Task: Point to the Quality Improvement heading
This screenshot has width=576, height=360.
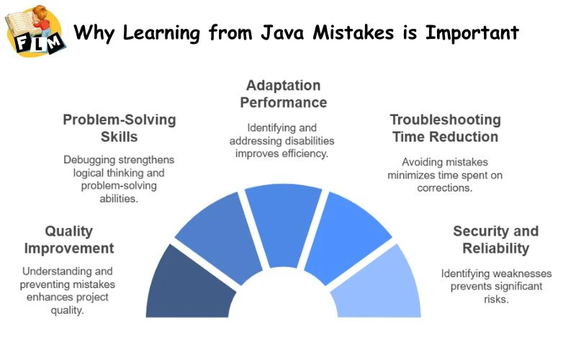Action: [x=69, y=240]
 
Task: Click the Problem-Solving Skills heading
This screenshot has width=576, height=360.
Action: [x=119, y=127]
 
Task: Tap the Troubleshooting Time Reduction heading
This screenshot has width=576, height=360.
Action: [x=445, y=127]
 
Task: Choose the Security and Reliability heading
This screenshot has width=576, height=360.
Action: [x=495, y=240]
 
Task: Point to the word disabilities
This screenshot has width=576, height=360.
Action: [x=300, y=140]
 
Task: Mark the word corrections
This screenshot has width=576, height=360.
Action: [x=445, y=187]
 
